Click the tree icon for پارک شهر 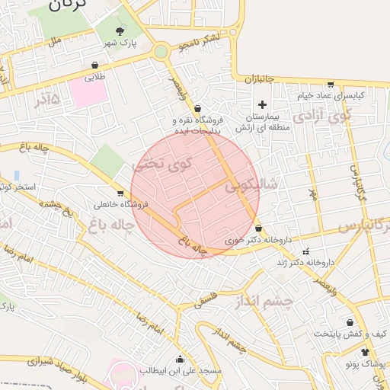(x=120, y=30)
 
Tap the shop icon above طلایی (x=94, y=66)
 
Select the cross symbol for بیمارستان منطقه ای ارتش (x=263, y=104)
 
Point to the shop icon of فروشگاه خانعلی (x=120, y=193)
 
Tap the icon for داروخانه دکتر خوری (x=259, y=228)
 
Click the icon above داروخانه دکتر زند (x=306, y=251)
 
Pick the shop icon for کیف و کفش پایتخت (x=350, y=323)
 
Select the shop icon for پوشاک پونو (x=366, y=352)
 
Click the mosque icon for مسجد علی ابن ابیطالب (x=181, y=359)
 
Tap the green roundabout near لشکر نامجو (x=161, y=52)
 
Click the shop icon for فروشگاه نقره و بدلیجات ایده (x=197, y=108)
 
